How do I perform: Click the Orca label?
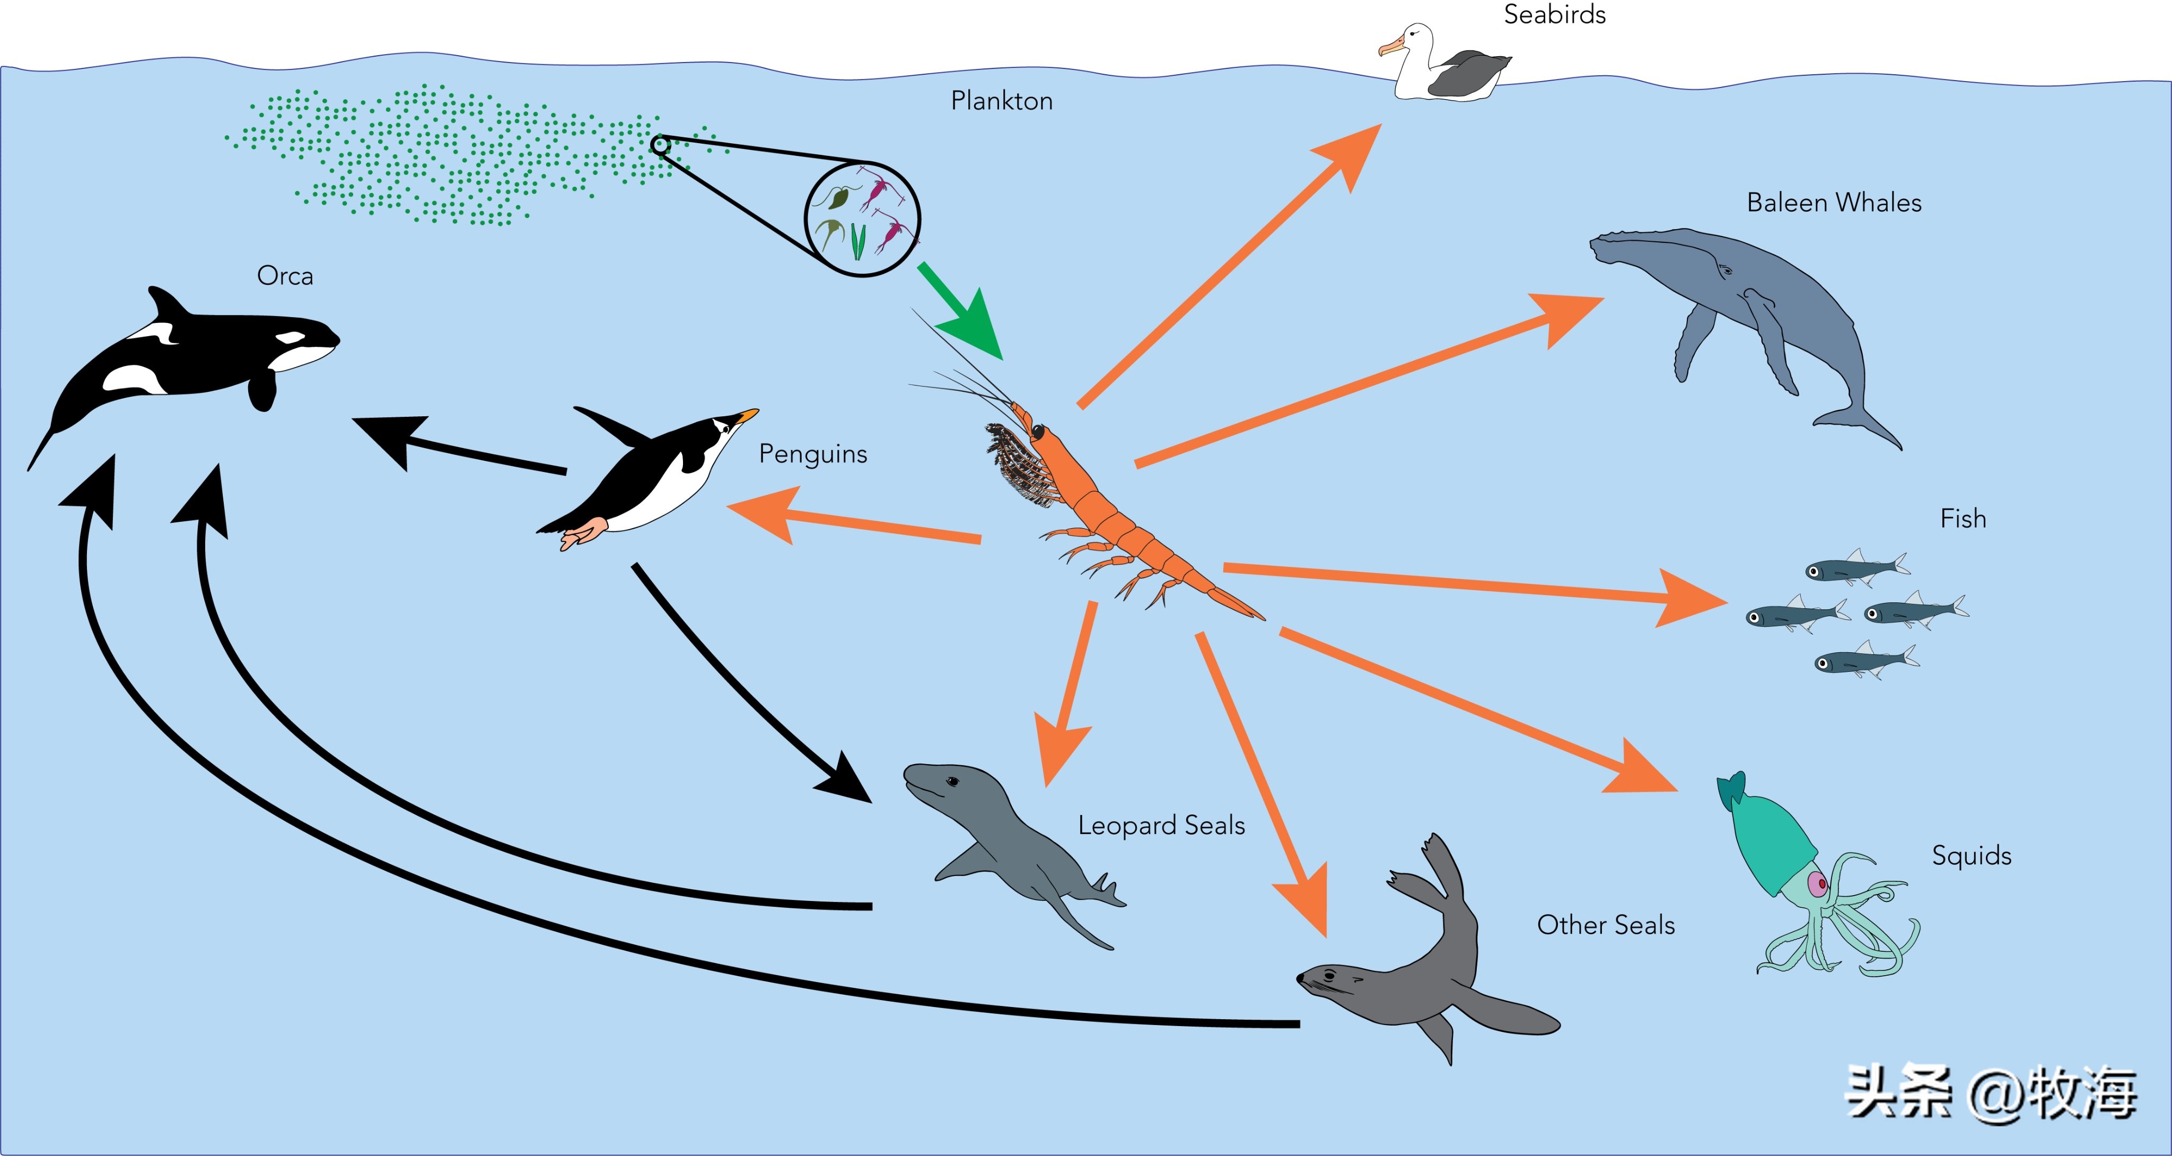pos(285,276)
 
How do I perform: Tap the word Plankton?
pos(1002,101)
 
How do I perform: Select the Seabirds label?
pos(1555,14)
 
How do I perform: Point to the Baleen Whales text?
pos(1834,203)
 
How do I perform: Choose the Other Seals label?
pos(1605,925)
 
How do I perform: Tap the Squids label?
pos(1972,856)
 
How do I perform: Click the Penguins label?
pos(813,453)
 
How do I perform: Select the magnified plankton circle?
pos(862,219)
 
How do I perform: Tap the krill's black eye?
pos(1037,432)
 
